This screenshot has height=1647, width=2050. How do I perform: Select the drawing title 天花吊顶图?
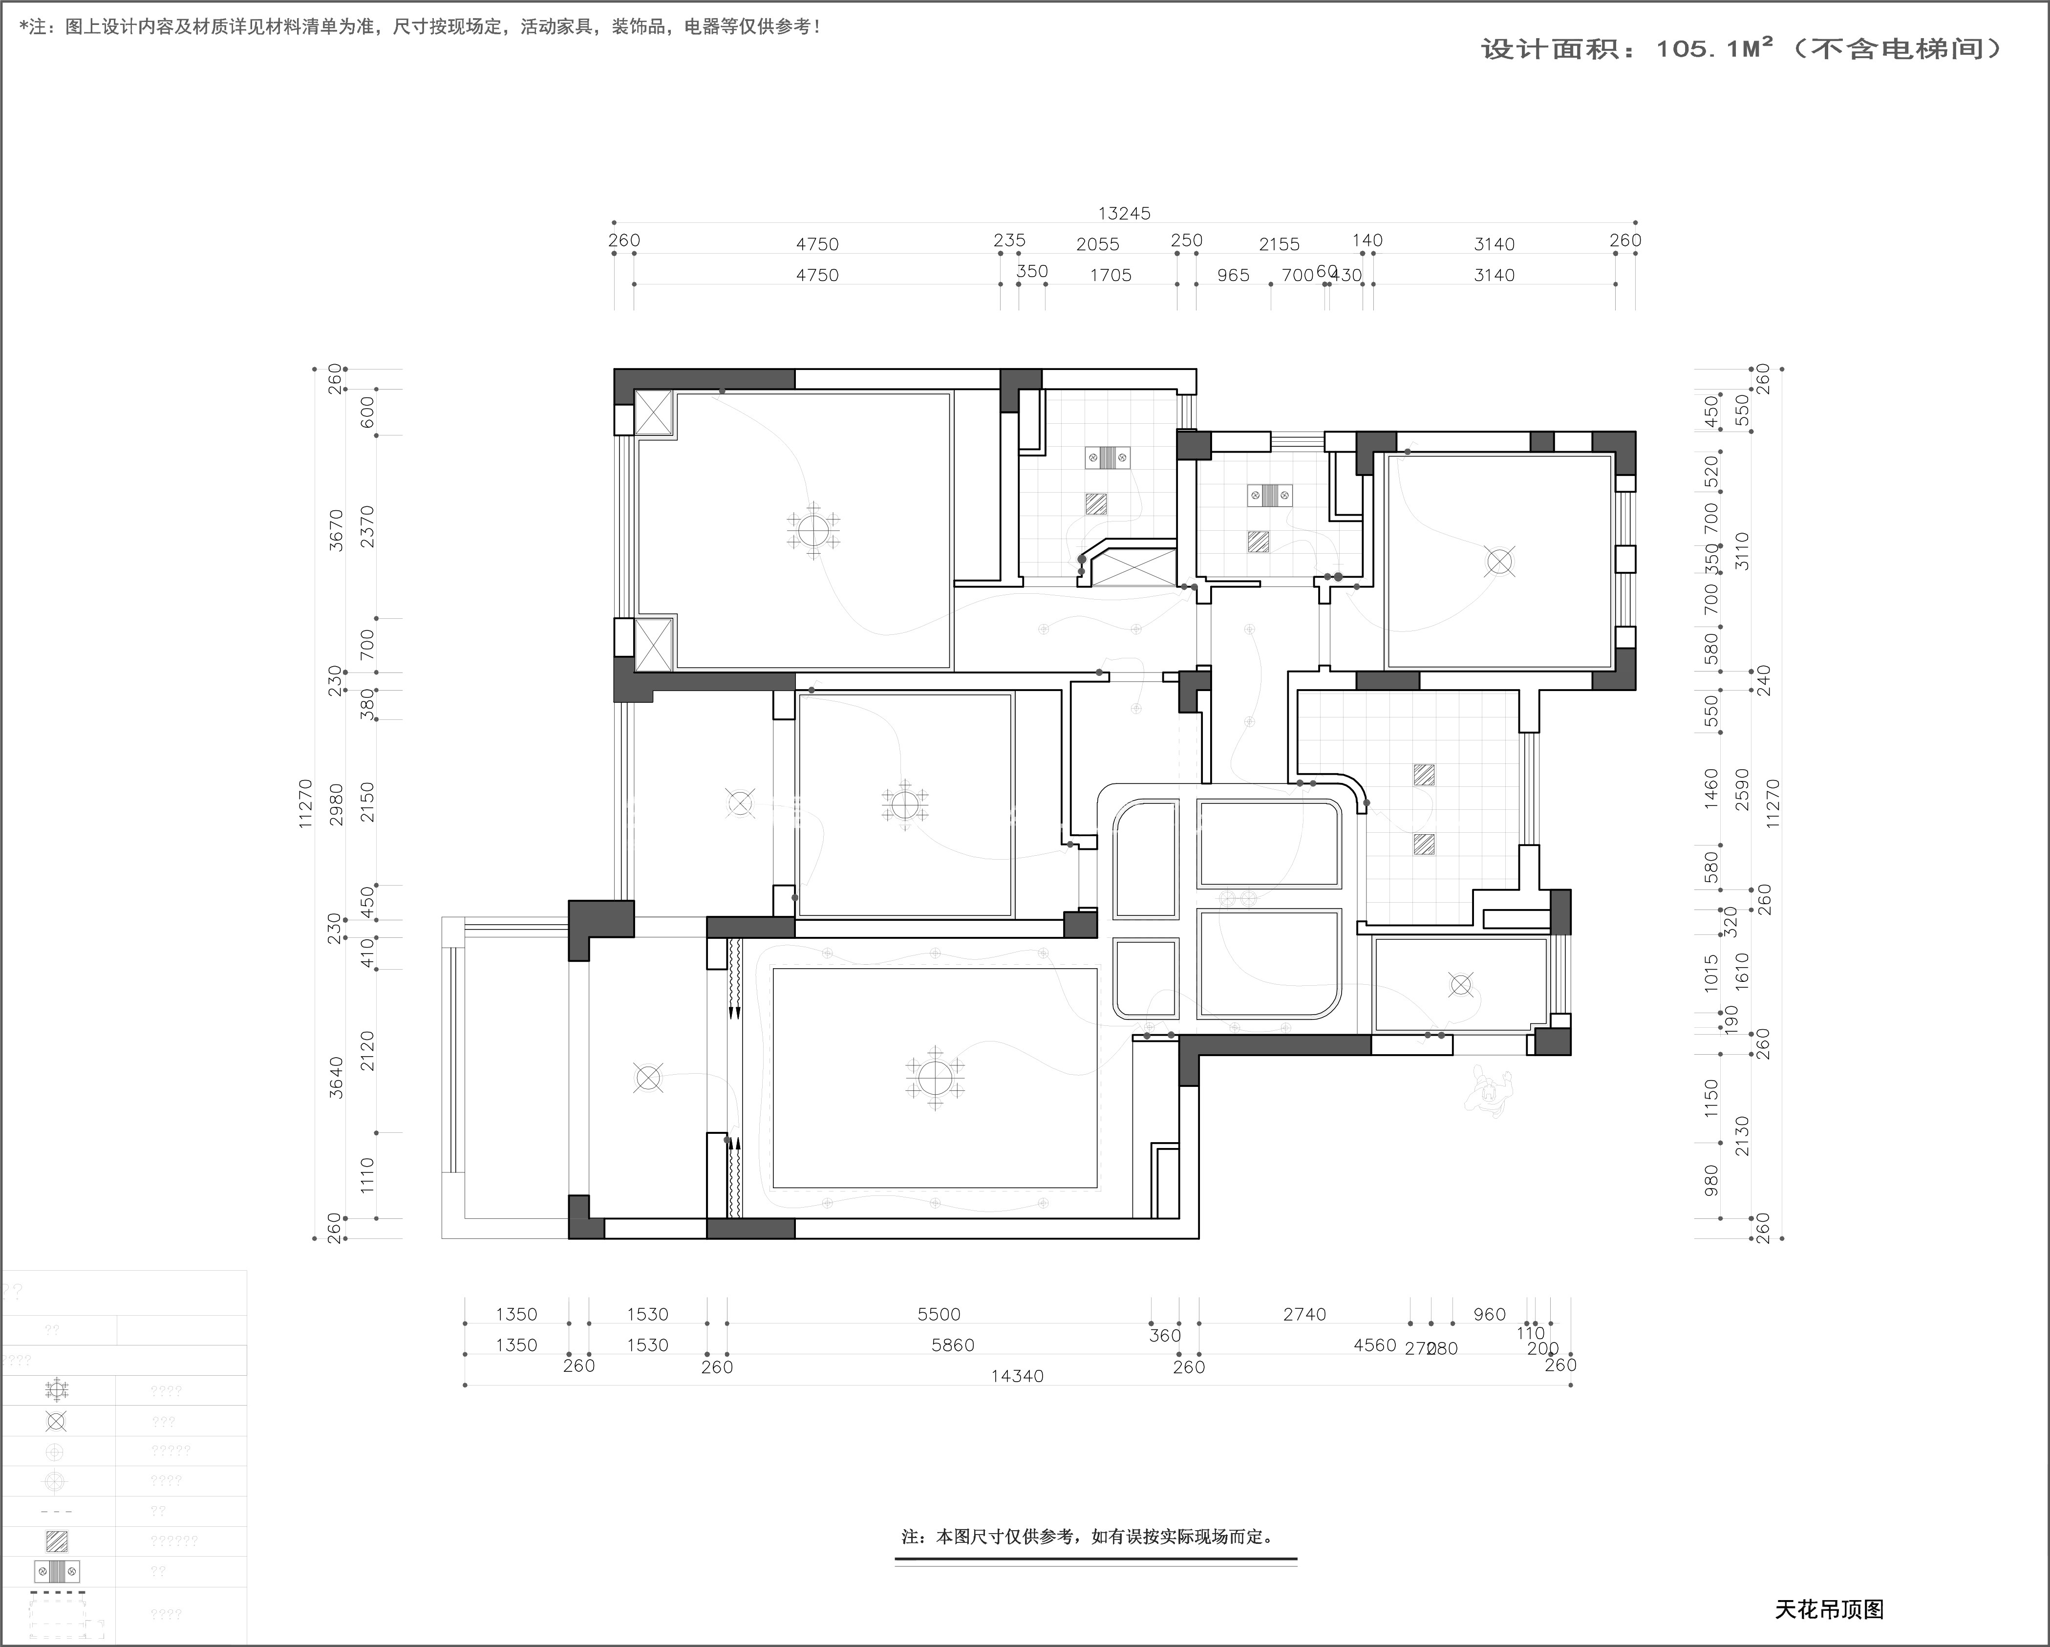1829,1609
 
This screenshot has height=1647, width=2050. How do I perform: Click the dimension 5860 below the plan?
953,1344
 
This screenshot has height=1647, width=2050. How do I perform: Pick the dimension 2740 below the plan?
1303,1314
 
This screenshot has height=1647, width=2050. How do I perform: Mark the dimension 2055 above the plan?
1097,244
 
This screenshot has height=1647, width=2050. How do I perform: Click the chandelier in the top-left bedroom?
813,530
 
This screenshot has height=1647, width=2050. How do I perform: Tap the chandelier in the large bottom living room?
935,1078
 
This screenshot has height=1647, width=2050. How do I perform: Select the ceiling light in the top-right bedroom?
1499,562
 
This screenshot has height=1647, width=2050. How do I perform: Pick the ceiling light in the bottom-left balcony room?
647,1078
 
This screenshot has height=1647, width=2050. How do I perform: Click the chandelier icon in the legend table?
56,1390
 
